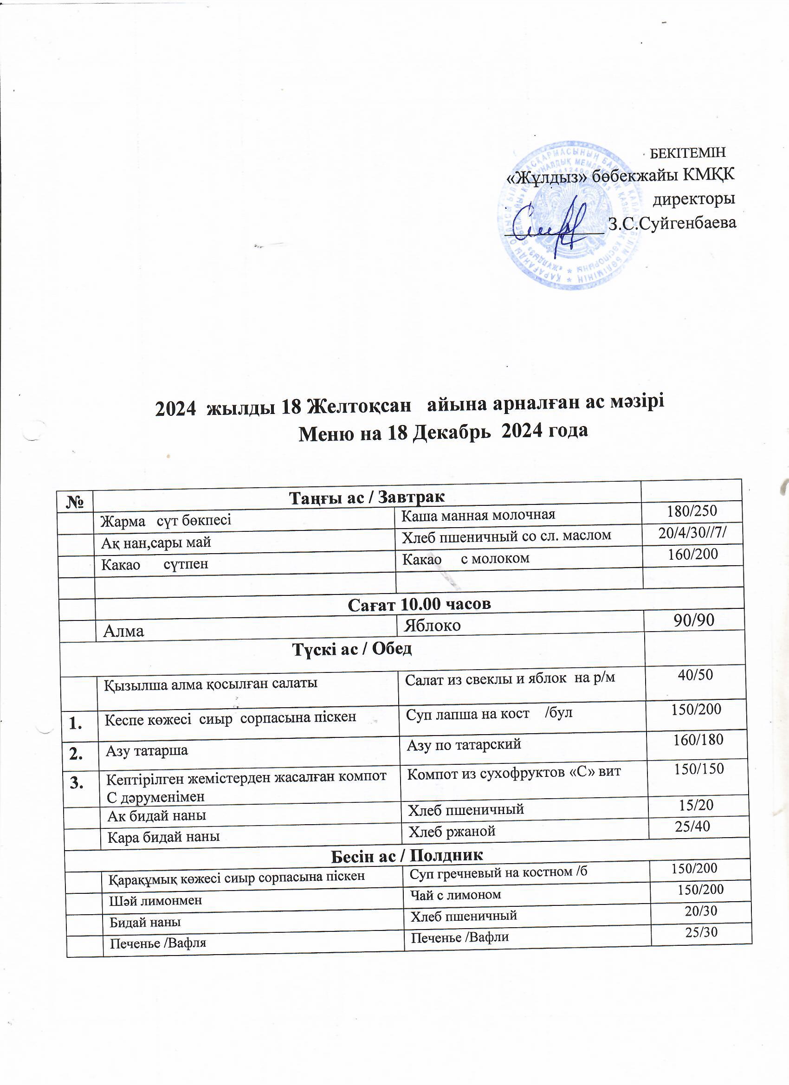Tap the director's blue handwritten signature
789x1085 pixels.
(x=551, y=224)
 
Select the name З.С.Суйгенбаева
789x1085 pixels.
(x=672, y=223)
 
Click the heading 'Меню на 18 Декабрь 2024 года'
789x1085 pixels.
(x=443, y=432)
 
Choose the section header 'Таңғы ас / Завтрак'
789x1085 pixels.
(x=367, y=497)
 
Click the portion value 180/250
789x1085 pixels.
(x=692, y=510)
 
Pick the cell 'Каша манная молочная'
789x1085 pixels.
(x=478, y=515)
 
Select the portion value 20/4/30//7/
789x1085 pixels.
(x=692, y=532)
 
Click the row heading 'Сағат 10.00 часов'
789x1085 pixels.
(x=419, y=604)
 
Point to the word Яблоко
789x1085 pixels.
(x=433, y=625)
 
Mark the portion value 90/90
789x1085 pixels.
(x=694, y=620)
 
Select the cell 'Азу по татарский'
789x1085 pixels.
(x=464, y=744)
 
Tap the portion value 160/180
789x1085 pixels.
(x=698, y=740)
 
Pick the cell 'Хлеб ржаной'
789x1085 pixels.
(x=451, y=832)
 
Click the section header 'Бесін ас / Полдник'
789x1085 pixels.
(x=407, y=855)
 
